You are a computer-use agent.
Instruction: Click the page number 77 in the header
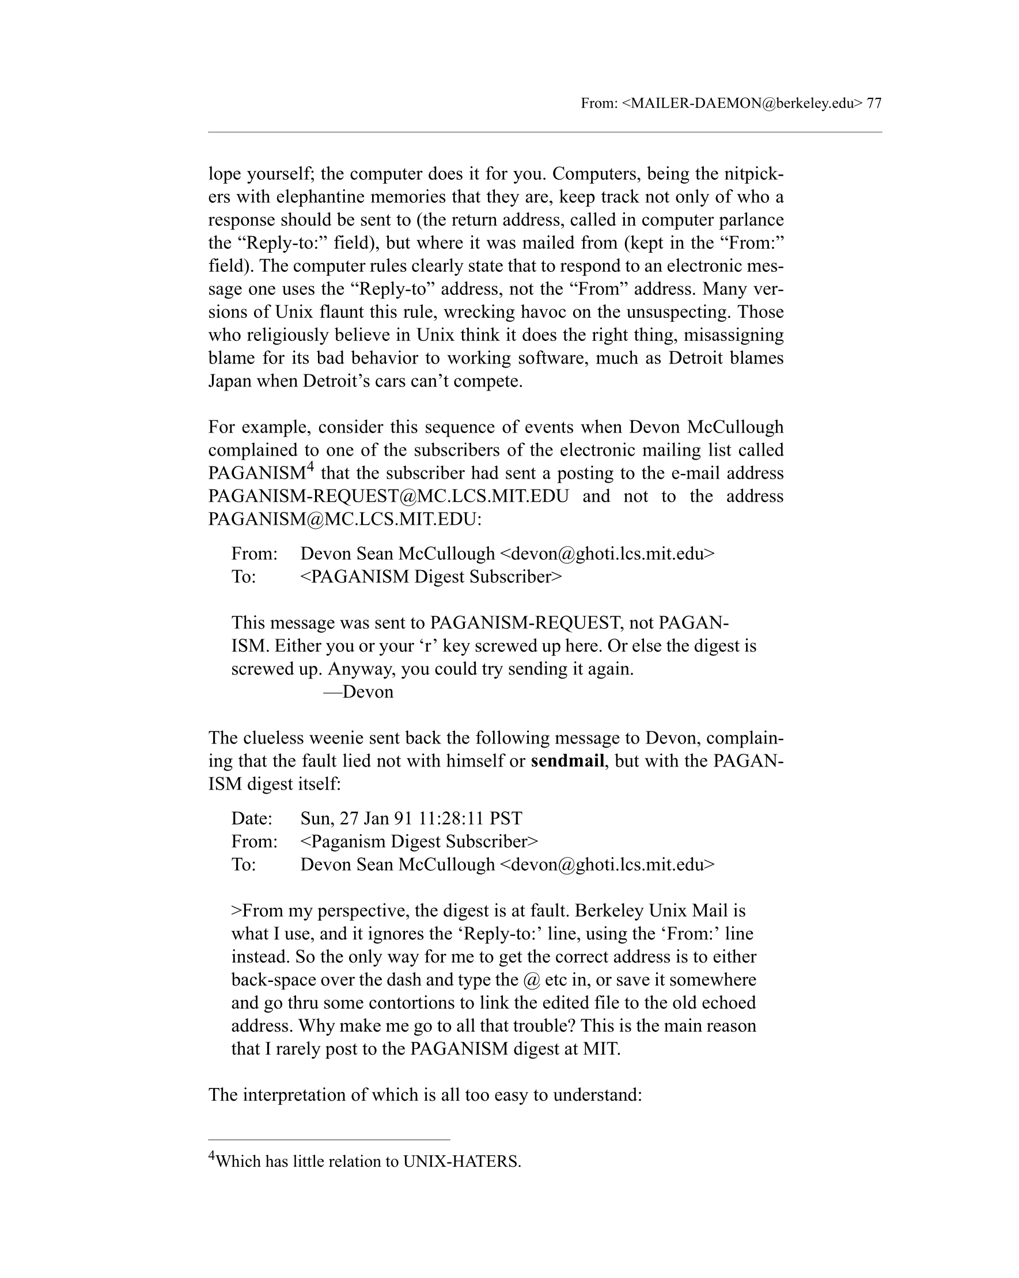pos(874,103)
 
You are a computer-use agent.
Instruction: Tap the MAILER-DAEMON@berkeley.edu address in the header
pos(742,103)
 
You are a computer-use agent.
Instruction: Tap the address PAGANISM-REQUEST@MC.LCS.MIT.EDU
pos(388,496)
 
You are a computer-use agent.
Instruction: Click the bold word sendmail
pos(567,761)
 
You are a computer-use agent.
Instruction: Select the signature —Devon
pos(358,692)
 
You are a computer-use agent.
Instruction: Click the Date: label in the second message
pos(252,818)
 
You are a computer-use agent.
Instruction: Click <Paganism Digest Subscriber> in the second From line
pos(419,841)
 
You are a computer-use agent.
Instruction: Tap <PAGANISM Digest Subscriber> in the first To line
pos(430,577)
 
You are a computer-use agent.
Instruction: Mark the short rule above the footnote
pos(329,1139)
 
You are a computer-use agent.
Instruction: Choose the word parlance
pos(751,220)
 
